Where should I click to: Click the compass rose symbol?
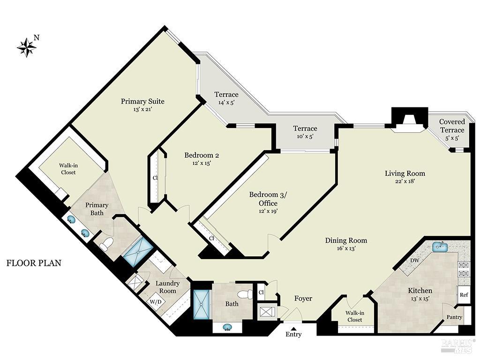pos(27,47)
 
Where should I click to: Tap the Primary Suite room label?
pos(142,101)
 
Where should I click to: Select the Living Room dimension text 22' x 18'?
pos(405,181)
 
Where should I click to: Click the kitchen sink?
pos(439,246)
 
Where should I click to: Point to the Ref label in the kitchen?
pos(464,295)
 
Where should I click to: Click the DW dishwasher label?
pos(414,260)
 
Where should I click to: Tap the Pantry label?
pos(454,317)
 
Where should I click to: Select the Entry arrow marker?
pos(293,328)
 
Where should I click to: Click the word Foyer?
pos(303,299)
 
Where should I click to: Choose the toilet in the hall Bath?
pos(244,294)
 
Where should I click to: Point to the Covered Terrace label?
pos(452,126)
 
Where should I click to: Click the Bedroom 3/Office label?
pos(263,199)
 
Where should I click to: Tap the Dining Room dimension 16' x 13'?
pos(346,248)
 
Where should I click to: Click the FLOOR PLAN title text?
pos(34,263)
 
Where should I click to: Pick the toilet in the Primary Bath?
pos(106,244)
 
